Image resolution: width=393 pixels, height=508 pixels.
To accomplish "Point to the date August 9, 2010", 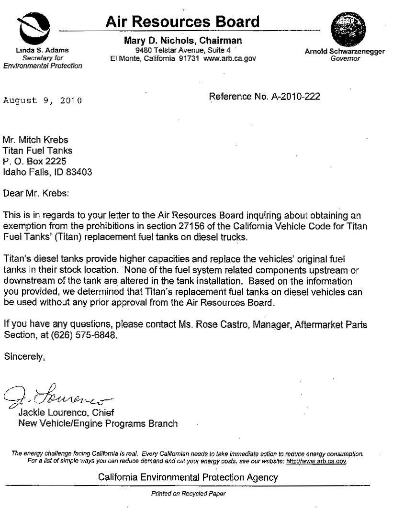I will click(43, 100).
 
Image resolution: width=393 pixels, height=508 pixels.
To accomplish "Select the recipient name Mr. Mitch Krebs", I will click(36, 140).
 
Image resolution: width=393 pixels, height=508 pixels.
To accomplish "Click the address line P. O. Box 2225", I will click(34, 161).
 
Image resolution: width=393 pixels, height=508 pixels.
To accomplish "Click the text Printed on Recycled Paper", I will click(188, 493).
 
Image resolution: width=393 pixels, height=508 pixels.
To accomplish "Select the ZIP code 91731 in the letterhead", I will click(188, 58).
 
